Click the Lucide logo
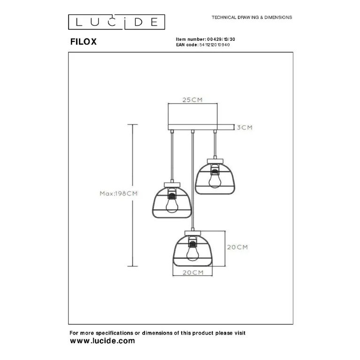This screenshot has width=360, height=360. point(116,22)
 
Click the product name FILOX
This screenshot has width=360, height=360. point(84,42)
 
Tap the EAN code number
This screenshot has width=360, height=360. point(214,45)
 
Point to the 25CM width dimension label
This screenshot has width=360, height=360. point(192,100)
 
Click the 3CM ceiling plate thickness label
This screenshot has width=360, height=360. point(245,127)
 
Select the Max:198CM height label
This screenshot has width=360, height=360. point(118,193)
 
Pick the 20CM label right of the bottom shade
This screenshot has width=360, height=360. point(237,247)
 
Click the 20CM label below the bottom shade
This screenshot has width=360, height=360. point(193,273)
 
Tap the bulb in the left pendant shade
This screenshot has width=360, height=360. point(172,203)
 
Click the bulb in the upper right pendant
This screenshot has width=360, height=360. point(215,179)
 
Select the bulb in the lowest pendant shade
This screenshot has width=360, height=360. point(192,252)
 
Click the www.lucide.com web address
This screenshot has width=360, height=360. point(102,341)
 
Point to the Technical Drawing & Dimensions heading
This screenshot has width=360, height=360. point(252,17)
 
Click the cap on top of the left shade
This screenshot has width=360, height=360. point(172,185)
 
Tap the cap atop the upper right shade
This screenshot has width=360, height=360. point(215,161)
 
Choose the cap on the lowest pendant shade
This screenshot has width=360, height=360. point(192,233)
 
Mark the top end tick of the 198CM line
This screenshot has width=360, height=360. point(132,124)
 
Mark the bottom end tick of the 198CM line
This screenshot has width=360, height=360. point(132,266)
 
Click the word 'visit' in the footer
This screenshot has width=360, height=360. point(239,333)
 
